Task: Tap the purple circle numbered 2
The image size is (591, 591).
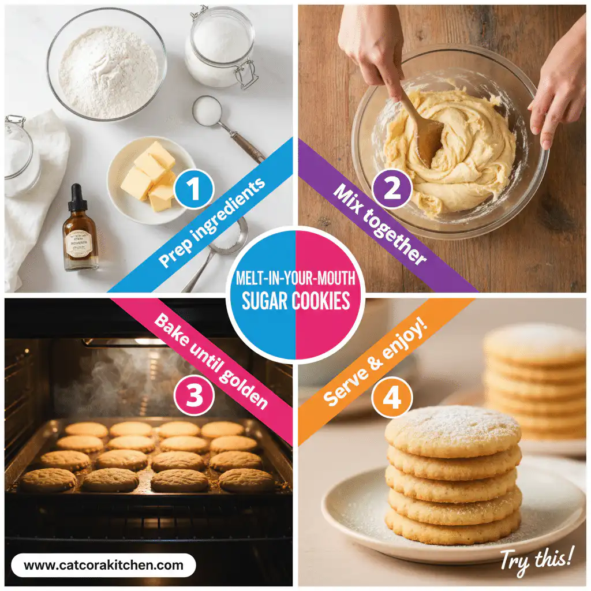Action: (x=392, y=189)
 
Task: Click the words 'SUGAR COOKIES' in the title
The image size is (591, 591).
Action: (x=295, y=301)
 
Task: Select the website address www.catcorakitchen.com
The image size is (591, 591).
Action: (x=104, y=565)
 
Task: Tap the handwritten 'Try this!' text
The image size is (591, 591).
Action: (x=537, y=559)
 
